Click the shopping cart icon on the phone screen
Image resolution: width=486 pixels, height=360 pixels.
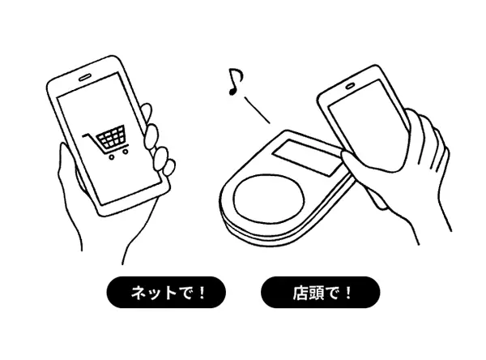[106, 142]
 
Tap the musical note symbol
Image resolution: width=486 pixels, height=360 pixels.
[235, 81]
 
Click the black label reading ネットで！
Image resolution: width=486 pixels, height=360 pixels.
[166, 293]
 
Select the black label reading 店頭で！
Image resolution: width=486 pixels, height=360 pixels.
[321, 293]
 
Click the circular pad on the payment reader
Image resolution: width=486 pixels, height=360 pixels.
[268, 199]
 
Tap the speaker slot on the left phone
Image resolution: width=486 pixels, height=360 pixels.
[86, 77]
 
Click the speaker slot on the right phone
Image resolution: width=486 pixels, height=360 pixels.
[350, 86]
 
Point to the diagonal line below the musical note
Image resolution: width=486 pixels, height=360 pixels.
[257, 110]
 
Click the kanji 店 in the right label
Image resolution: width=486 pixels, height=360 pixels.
[300, 293]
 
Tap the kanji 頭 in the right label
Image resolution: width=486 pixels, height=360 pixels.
[316, 293]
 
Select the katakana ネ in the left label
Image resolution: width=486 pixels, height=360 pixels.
[139, 293]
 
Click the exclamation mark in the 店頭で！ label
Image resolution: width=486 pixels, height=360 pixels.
[348, 293]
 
